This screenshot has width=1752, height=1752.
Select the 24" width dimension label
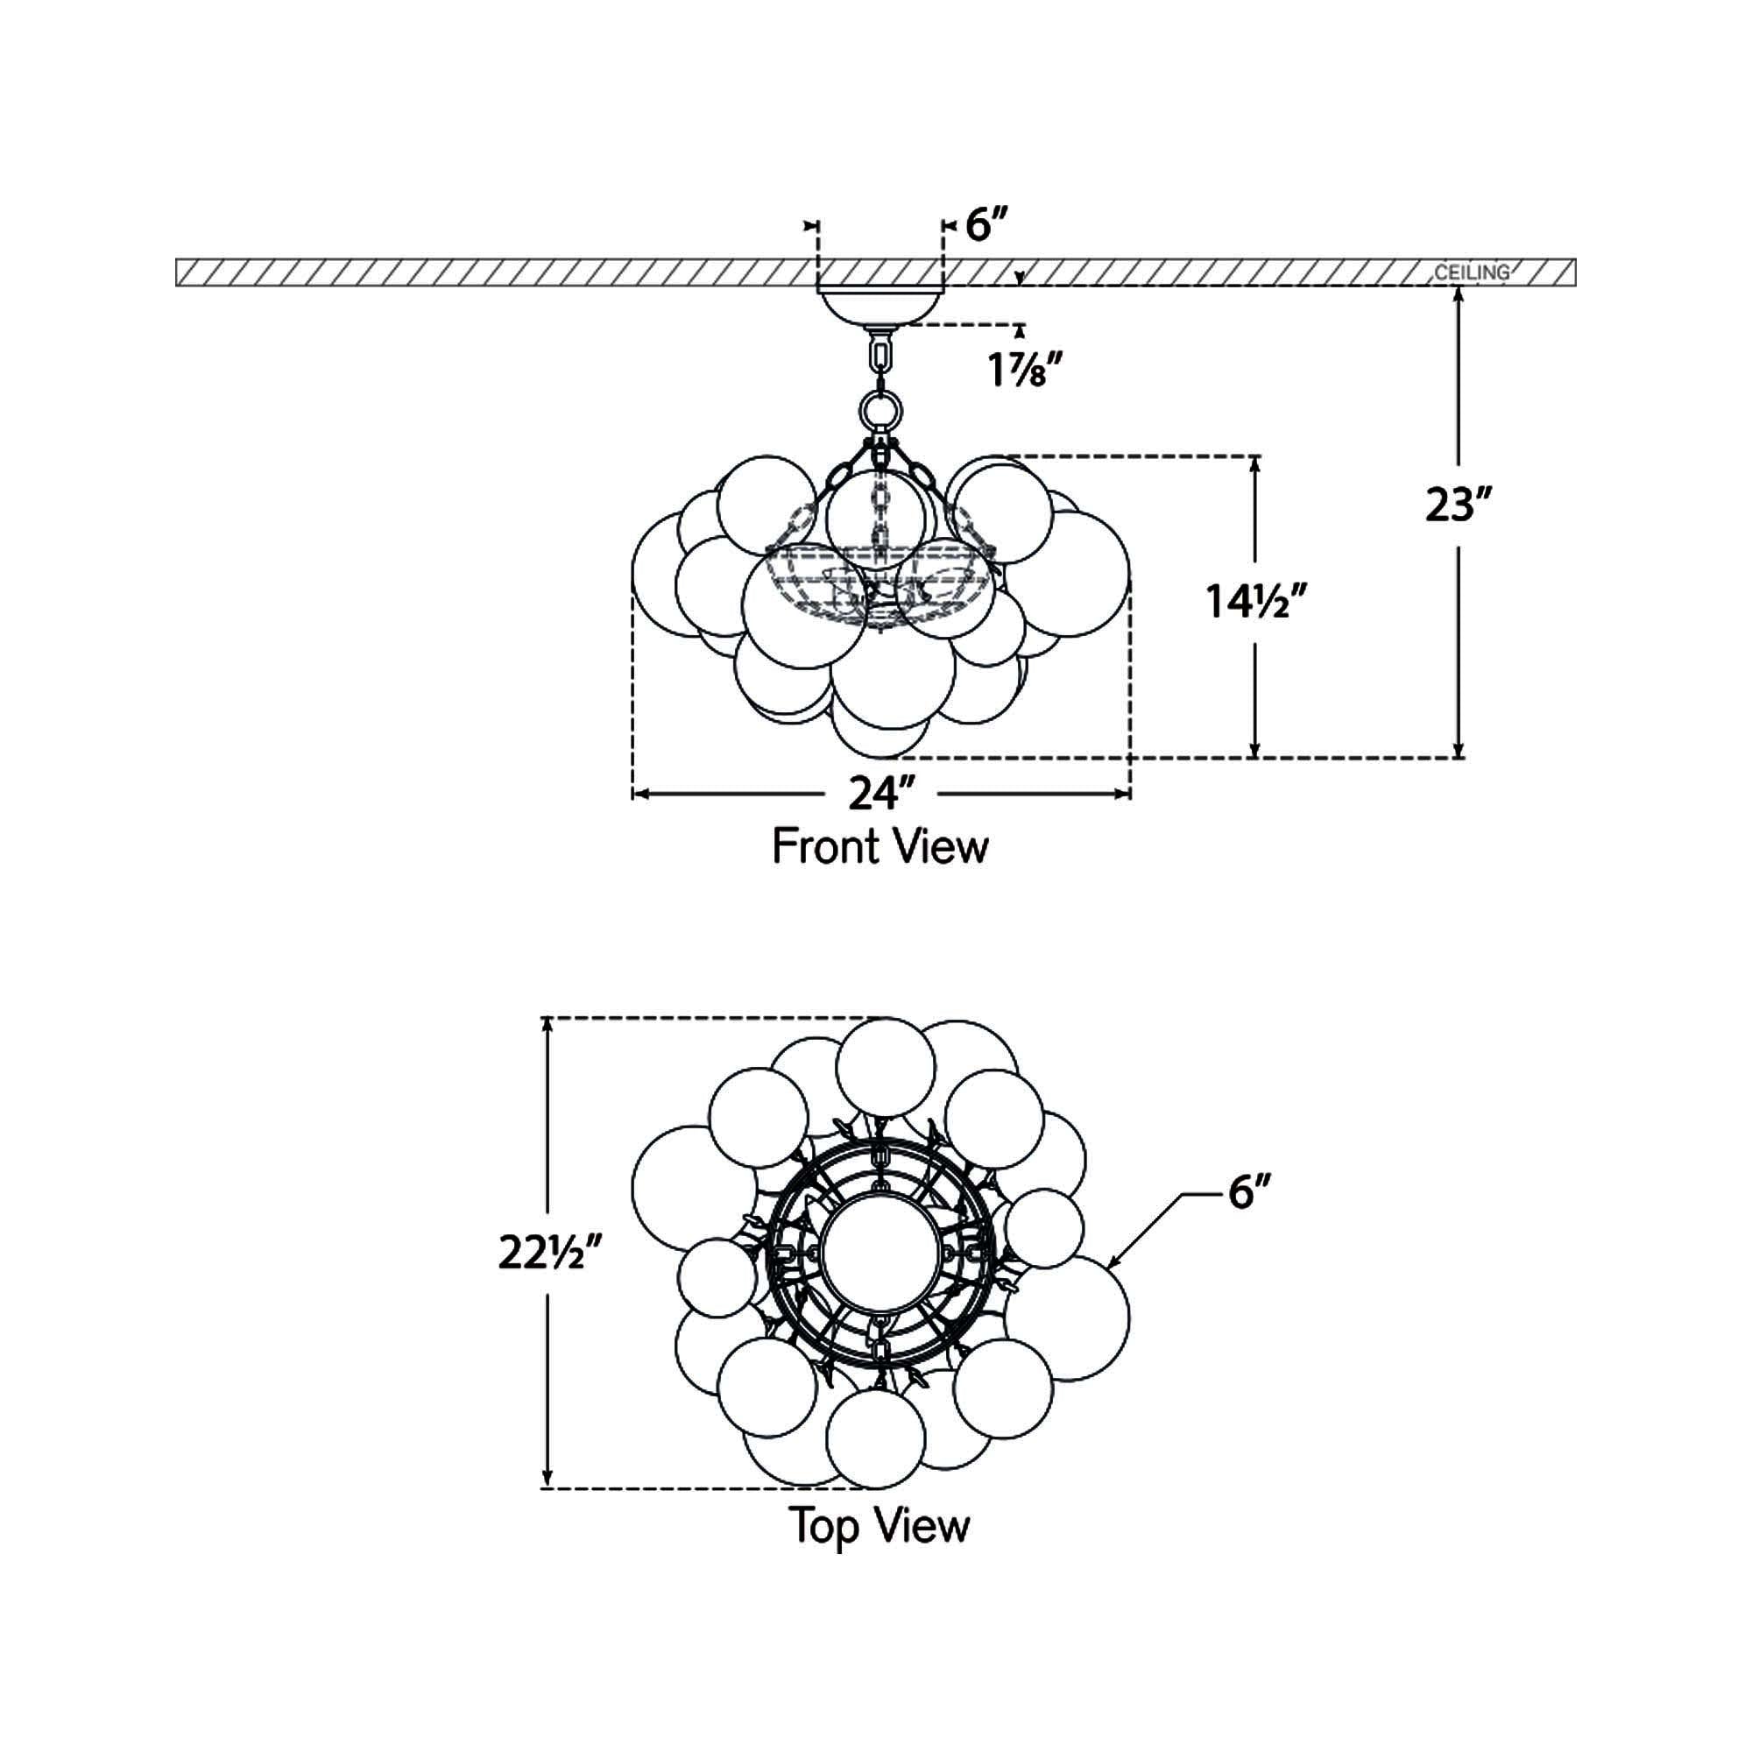[x=880, y=795]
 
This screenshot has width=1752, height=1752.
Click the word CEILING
[x=1473, y=272]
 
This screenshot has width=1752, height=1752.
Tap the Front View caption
[x=880, y=848]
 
